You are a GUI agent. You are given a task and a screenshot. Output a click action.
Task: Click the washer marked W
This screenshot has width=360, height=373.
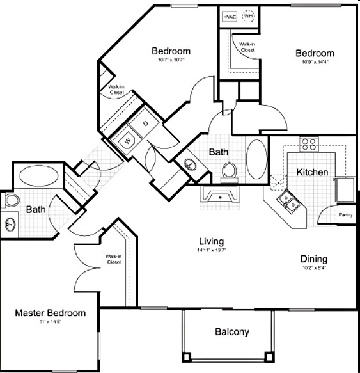click(127, 139)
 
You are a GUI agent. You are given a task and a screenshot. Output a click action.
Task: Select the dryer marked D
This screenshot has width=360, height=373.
click(145, 123)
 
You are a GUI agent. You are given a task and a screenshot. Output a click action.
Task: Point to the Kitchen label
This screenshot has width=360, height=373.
click(312, 172)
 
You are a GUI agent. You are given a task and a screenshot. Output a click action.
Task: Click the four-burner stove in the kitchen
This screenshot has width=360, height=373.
click(310, 145)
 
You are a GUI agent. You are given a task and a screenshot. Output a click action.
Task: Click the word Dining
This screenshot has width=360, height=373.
click(314, 259)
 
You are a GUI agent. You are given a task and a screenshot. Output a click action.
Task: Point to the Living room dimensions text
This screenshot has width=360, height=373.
click(210, 250)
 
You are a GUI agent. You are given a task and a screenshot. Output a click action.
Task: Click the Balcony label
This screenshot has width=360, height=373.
click(231, 332)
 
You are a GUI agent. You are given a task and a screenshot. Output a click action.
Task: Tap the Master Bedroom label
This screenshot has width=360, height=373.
click(51, 313)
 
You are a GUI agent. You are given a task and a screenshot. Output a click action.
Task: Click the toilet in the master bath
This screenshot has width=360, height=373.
click(10, 201)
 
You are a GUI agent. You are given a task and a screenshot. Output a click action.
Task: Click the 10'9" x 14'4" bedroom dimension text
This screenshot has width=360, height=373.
click(314, 63)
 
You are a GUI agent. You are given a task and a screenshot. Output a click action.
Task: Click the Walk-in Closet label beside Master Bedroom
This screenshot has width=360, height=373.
click(114, 260)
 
